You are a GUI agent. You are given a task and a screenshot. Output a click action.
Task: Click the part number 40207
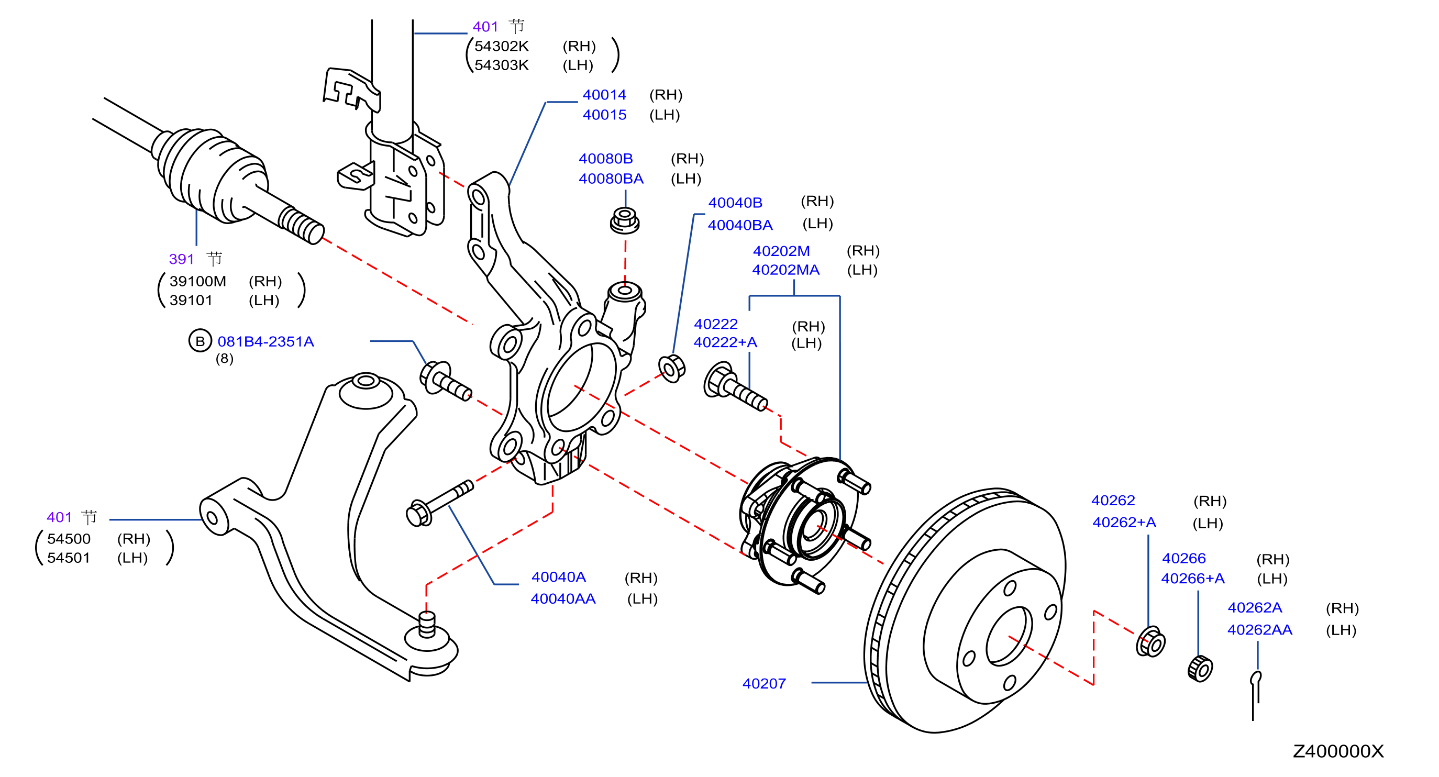pyautogui.click(x=763, y=683)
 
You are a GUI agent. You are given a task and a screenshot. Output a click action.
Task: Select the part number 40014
pyautogui.click(x=604, y=95)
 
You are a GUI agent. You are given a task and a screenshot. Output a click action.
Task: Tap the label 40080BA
pyautogui.click(x=611, y=179)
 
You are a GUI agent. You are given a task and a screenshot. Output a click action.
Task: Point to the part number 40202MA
pyautogui.click(x=785, y=270)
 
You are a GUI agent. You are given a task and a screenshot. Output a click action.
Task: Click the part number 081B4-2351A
pyautogui.click(x=265, y=341)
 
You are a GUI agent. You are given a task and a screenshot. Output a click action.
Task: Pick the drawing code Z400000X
pyautogui.click(x=1338, y=751)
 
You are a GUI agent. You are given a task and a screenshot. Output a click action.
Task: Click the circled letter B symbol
pyautogui.click(x=200, y=341)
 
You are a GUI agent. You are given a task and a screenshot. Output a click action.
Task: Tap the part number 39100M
pyautogui.click(x=198, y=281)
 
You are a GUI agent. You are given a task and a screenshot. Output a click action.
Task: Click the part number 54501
pyautogui.click(x=68, y=558)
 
